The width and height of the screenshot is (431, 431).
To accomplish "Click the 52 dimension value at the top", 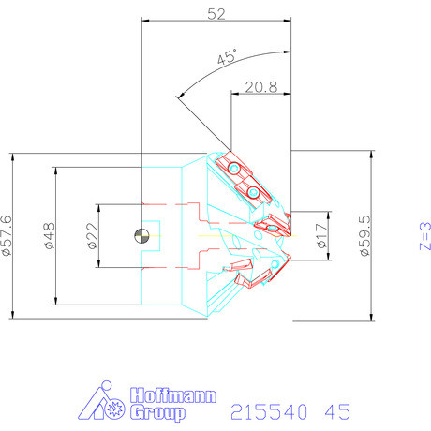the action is [216, 14].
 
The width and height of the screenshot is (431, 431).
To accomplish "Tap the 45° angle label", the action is [227, 57].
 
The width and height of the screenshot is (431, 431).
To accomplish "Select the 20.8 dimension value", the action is [261, 87].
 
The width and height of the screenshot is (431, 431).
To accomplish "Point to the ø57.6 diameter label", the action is [7, 235].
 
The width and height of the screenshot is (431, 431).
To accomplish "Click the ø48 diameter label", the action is [50, 236].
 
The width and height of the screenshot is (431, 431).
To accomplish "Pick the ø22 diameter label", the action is [93, 236].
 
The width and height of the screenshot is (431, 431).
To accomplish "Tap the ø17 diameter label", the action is [322, 235].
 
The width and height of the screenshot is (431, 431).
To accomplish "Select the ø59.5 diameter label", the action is [365, 235].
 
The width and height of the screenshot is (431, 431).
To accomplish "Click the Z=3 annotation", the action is [424, 236].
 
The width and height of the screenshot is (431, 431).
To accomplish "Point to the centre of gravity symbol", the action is [141, 236].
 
